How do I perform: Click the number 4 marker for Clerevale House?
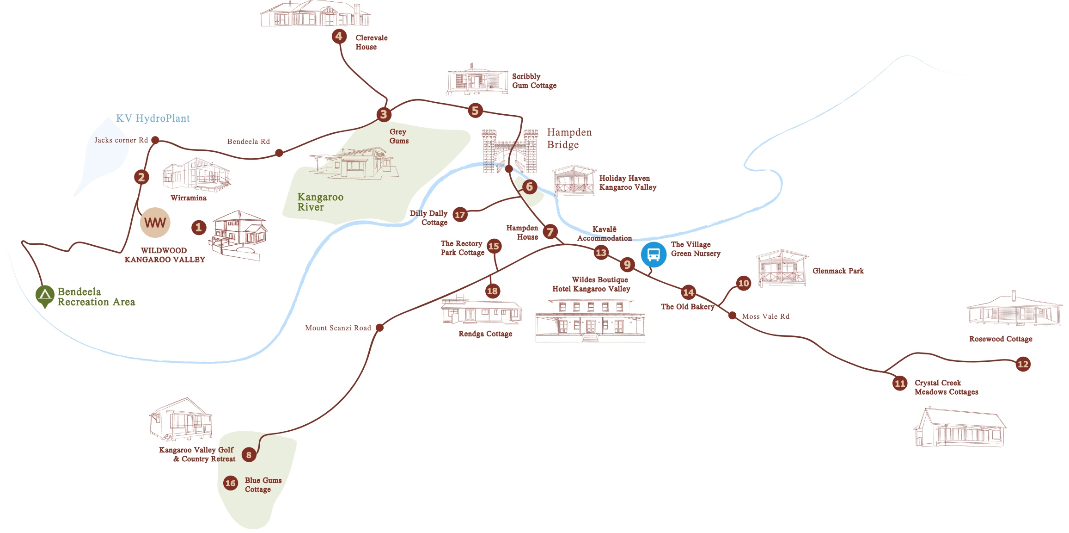click(x=339, y=36)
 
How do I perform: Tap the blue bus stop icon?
click(x=654, y=254)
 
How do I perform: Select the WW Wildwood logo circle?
click(x=155, y=223)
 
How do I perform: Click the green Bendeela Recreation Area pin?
click(x=45, y=296)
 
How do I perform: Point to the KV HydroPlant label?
click(x=153, y=118)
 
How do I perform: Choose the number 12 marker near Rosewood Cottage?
click(x=1023, y=364)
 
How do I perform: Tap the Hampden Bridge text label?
click(x=569, y=138)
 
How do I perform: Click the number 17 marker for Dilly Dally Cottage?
click(x=460, y=215)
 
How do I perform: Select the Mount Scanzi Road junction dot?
click(x=380, y=328)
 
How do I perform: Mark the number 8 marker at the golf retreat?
click(x=249, y=455)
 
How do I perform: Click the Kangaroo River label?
click(x=320, y=202)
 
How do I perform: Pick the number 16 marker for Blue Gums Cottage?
click(x=230, y=483)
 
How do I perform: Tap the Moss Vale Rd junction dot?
click(x=732, y=316)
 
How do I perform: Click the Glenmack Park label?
click(x=838, y=271)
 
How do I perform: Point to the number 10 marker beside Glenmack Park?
click(x=744, y=283)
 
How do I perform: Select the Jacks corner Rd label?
click(x=121, y=140)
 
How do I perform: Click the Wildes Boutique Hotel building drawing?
click(x=590, y=320)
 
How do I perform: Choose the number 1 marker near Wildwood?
click(x=199, y=227)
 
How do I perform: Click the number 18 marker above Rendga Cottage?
click(x=492, y=291)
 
